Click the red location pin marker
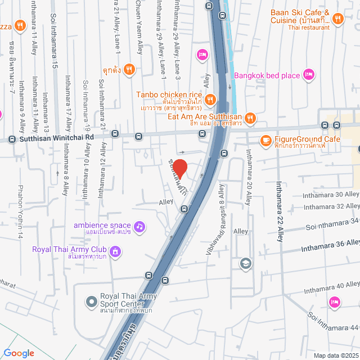pos(179,168)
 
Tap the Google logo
pos(19,353)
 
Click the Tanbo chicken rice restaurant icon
pos(210,100)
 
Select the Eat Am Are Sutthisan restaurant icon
pos(250,118)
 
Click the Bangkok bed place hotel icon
pos(308,75)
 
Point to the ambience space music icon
pos(139,226)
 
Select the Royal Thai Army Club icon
pos(115,250)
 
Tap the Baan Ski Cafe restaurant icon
pos(337,19)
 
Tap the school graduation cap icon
pos(245,263)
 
